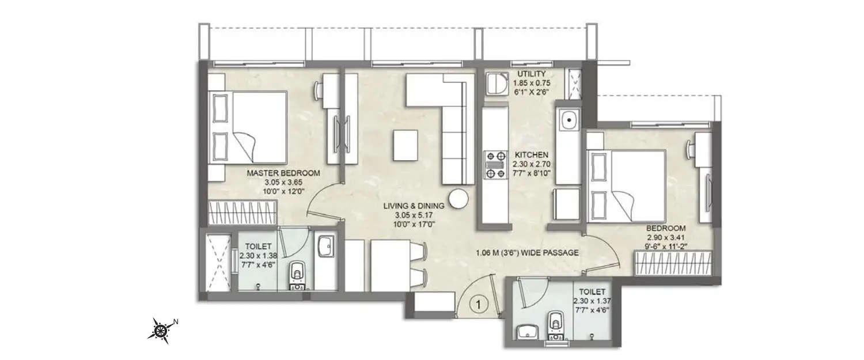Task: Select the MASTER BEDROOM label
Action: (x=283, y=173)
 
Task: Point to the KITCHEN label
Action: (x=531, y=155)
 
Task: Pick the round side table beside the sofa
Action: (x=460, y=199)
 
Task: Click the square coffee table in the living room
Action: (x=406, y=145)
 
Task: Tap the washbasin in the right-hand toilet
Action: (x=528, y=332)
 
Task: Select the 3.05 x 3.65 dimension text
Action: (x=283, y=181)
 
